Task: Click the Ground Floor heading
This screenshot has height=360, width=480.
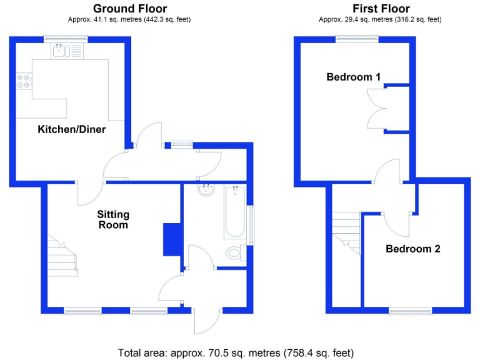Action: (129, 8)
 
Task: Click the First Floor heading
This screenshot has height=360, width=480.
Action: (381, 8)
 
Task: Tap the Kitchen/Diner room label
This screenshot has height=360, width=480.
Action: (72, 129)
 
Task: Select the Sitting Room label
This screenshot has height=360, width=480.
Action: (112, 219)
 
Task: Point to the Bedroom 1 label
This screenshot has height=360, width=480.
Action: (354, 77)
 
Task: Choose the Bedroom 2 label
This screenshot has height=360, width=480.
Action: (412, 249)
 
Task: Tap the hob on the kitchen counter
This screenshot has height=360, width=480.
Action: (24, 81)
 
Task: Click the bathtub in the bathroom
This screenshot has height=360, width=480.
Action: (235, 212)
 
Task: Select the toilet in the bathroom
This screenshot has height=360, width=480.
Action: (234, 253)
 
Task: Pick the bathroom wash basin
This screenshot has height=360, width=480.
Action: (205, 189)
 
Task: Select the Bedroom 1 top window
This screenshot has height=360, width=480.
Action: (356, 39)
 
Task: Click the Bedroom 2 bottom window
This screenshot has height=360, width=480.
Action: (411, 311)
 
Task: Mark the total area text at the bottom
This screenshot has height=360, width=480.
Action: (239, 352)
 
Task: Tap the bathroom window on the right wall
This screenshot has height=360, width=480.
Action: (251, 225)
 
